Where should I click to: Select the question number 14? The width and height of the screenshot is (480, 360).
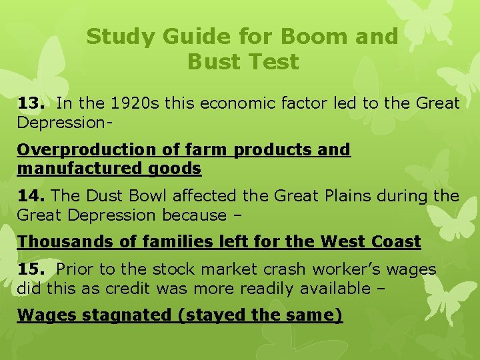coord(31,196)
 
